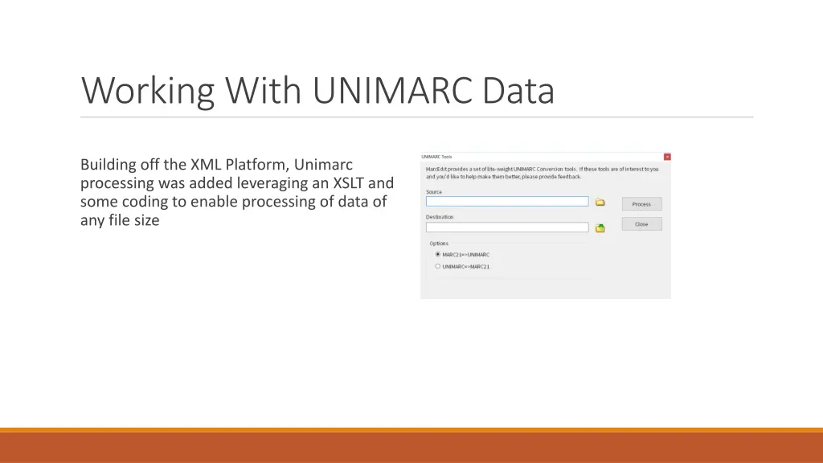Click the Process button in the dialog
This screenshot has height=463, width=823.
tap(641, 204)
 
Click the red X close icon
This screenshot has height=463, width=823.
tap(666, 157)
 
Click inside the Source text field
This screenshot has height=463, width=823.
tap(506, 202)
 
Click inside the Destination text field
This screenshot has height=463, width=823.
tap(506, 227)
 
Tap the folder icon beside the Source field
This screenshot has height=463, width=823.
tap(600, 203)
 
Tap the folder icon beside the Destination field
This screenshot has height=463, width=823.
tap(600, 228)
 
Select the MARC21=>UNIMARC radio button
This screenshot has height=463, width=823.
tap(438, 254)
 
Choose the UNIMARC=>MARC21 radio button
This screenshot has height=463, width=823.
tap(438, 266)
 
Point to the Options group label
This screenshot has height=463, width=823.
tap(439, 244)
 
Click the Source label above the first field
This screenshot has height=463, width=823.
tap(434, 192)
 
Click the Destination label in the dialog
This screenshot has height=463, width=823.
tap(440, 217)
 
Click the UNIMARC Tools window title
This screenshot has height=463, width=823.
tap(437, 157)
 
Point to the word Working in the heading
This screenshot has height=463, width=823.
tap(148, 91)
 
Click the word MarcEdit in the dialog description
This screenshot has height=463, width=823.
tap(436, 169)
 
